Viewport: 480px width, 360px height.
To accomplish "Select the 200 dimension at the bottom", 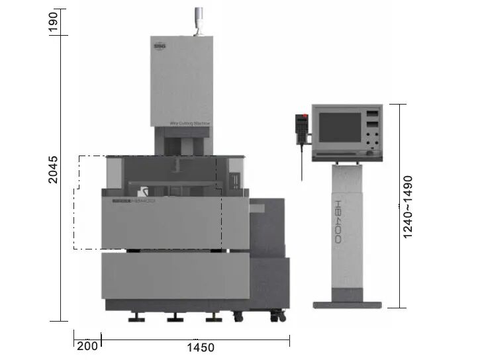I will [x=87, y=346].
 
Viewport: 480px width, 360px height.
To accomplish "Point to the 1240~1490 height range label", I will [x=408, y=206].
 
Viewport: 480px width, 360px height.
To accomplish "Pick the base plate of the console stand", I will [x=346, y=304].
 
